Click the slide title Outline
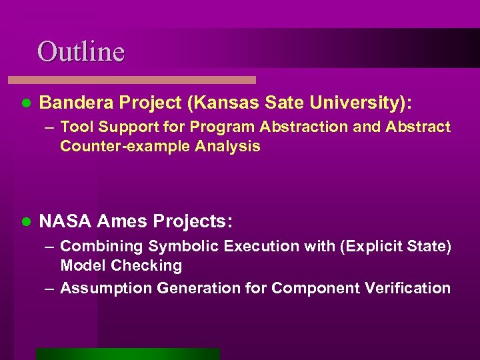(81, 51)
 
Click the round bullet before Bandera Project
(26, 103)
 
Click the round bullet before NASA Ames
(26, 221)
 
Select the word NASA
(65, 221)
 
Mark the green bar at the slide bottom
(127, 354)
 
